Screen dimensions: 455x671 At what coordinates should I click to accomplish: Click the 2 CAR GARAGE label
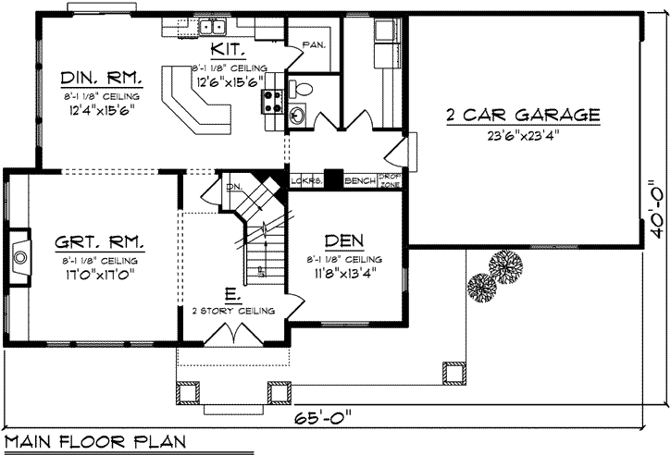tap(523, 116)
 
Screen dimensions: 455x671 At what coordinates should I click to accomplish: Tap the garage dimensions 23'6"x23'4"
tap(523, 133)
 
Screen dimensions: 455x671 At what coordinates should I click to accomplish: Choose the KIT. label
tap(229, 49)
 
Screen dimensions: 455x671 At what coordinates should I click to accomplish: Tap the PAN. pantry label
tap(313, 43)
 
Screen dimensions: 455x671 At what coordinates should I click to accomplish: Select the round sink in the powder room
tap(298, 117)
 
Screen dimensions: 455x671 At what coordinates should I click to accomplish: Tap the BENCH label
tap(360, 180)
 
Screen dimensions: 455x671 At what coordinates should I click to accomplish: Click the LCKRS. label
tap(304, 180)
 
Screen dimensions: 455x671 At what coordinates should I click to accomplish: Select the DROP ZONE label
tap(390, 179)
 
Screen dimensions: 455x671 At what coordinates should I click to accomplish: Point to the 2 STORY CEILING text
tap(233, 312)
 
